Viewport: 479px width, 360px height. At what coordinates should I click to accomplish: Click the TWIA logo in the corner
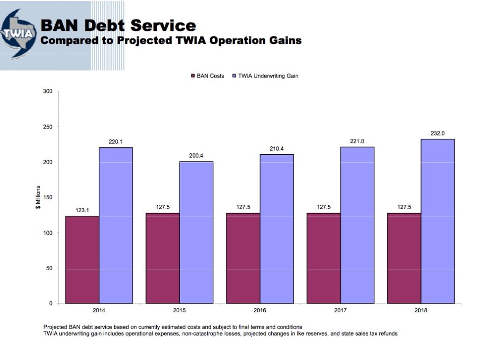pyautogui.click(x=19, y=34)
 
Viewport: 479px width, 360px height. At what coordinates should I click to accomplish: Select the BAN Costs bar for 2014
pyautogui.click(x=82, y=259)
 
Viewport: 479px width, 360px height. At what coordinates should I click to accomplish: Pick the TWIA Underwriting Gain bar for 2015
pyautogui.click(x=196, y=232)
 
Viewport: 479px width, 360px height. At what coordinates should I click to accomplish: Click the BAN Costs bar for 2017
pyautogui.click(x=324, y=258)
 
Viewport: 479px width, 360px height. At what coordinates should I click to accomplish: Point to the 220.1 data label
pyautogui.click(x=116, y=141)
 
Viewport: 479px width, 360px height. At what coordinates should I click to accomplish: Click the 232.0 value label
pyautogui.click(x=437, y=133)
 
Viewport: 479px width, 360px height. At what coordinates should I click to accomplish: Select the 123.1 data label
pyautogui.click(x=82, y=210)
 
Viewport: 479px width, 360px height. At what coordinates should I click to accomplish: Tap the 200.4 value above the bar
pyautogui.click(x=196, y=156)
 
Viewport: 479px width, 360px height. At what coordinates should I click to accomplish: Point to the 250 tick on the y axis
pyautogui.click(x=47, y=127)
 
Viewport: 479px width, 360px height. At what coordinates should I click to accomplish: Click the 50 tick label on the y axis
pyautogui.click(x=49, y=268)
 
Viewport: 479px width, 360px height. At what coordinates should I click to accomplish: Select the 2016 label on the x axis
pyautogui.click(x=260, y=310)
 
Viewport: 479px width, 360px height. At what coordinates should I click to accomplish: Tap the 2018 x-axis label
pyautogui.click(x=421, y=310)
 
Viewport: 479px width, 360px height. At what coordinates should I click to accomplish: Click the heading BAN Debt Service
pyautogui.click(x=118, y=25)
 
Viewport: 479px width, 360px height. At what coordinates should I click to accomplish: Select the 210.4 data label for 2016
pyautogui.click(x=276, y=149)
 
